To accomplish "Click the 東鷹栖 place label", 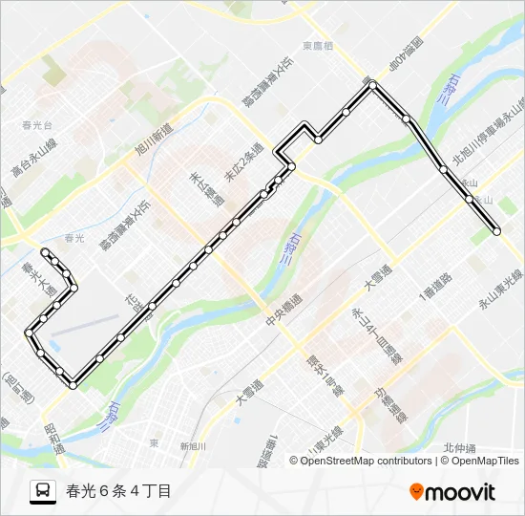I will [319, 46].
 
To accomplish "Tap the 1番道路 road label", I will [440, 284].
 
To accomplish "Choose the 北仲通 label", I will [461, 448].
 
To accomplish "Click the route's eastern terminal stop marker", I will [496, 230].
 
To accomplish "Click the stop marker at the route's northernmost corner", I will [372, 86].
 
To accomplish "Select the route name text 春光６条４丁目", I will [119, 491].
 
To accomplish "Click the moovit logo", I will [452, 491].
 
